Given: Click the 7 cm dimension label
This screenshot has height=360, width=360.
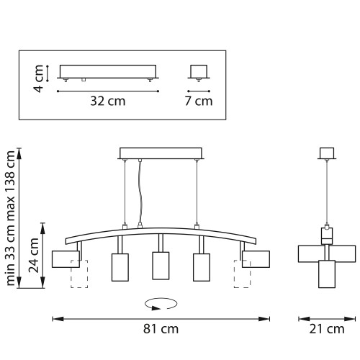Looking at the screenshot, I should (199, 101).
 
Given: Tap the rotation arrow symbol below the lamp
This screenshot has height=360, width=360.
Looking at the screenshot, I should (161, 303).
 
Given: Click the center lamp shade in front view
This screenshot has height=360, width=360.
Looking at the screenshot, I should (160, 266).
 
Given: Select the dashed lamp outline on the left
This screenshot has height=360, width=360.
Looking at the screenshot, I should (78, 274).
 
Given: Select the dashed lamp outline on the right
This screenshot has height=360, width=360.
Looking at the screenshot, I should (240, 274).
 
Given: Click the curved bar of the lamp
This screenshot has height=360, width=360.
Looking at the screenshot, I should (160, 233).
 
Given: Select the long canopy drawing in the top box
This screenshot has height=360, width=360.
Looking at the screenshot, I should (107, 72).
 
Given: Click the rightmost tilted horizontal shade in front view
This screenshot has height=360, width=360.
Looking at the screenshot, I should (256, 257).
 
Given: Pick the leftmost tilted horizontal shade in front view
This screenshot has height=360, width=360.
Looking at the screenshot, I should (64, 258).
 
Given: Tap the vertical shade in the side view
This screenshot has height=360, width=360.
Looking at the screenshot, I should (328, 274).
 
